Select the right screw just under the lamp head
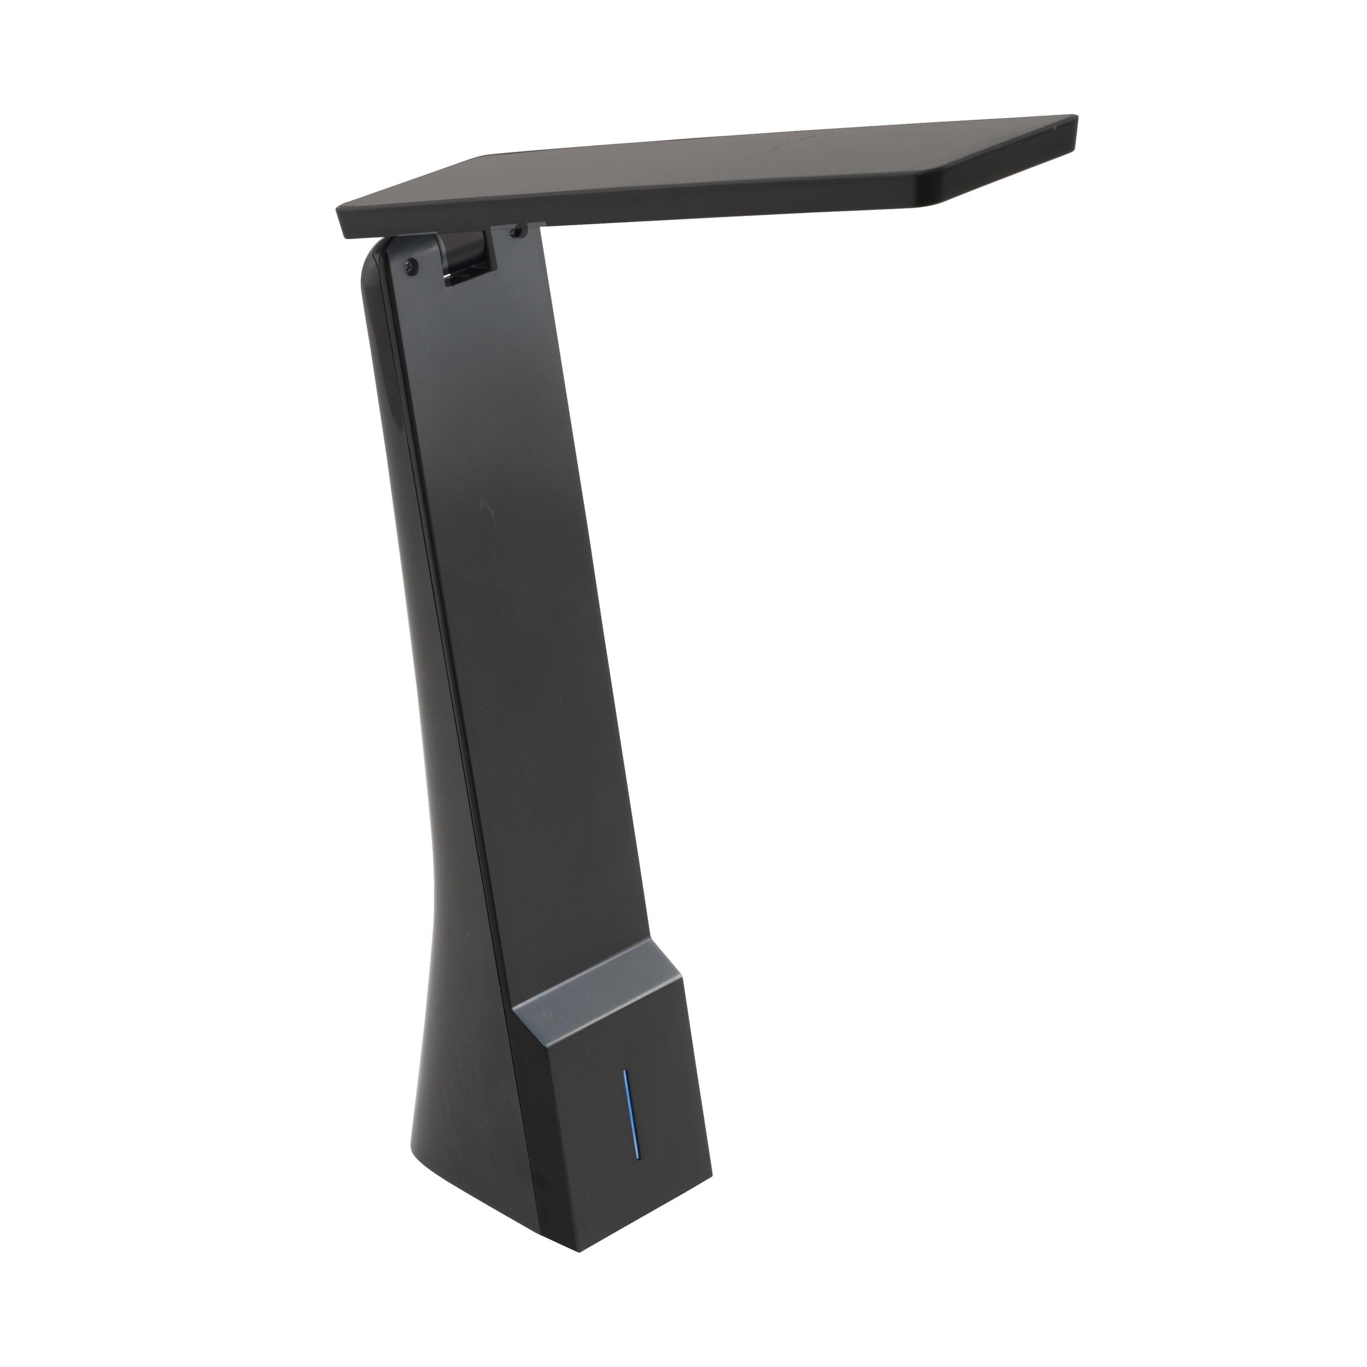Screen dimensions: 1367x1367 pos(521,231)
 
